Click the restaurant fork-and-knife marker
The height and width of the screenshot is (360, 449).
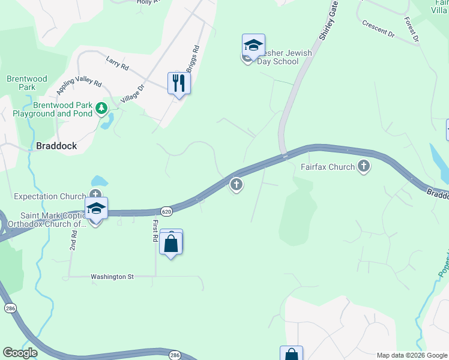point(178,82)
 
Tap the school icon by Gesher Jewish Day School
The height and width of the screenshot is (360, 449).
point(253,45)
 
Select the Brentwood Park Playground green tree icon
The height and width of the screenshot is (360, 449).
point(102,108)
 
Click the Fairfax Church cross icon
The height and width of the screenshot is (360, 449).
point(363,166)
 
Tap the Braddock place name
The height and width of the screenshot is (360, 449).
point(56,145)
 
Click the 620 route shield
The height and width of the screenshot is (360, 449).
point(167,211)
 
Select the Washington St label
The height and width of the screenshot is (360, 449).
point(112,277)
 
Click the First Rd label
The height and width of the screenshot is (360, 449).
point(155,230)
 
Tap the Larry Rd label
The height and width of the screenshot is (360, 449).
point(117,62)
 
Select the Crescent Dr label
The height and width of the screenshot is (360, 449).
point(378,29)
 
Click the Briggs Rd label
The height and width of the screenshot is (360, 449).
point(191,59)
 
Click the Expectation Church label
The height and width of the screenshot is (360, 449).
point(50,196)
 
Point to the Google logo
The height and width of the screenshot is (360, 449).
point(20,353)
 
